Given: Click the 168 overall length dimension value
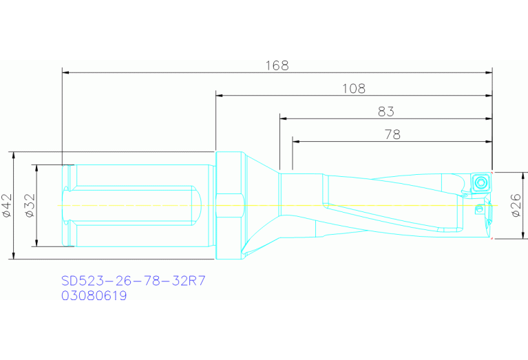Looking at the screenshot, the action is (277, 65).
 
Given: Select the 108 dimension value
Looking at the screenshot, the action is (354, 89).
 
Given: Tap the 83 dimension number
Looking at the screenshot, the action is (386, 112).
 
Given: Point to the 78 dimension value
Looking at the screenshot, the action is (392, 134).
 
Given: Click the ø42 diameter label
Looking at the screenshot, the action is (8, 206).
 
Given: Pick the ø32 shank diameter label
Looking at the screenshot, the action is (30, 206).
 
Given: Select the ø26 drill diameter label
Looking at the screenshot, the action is (516, 205).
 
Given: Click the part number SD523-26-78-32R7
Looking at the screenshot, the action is (134, 281).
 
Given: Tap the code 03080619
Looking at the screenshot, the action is (94, 296).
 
